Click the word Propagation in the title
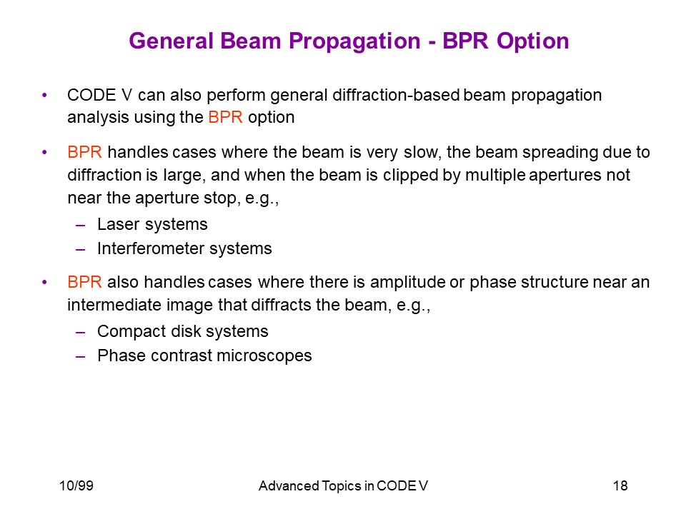[x=354, y=41]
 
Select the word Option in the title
[x=532, y=41]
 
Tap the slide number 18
[x=620, y=485]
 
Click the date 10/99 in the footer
[x=76, y=485]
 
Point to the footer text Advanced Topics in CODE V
[x=343, y=485]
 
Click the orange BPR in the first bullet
[x=225, y=117]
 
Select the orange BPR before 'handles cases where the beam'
[x=84, y=152]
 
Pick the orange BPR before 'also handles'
[x=84, y=282]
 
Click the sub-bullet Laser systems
[x=152, y=224]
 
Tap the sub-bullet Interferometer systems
[x=184, y=248]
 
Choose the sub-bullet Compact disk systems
[x=183, y=331]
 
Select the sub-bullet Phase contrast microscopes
[x=205, y=356]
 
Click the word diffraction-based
[x=396, y=95]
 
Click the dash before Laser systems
[x=80, y=226]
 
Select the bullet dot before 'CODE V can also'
[x=44, y=95]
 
